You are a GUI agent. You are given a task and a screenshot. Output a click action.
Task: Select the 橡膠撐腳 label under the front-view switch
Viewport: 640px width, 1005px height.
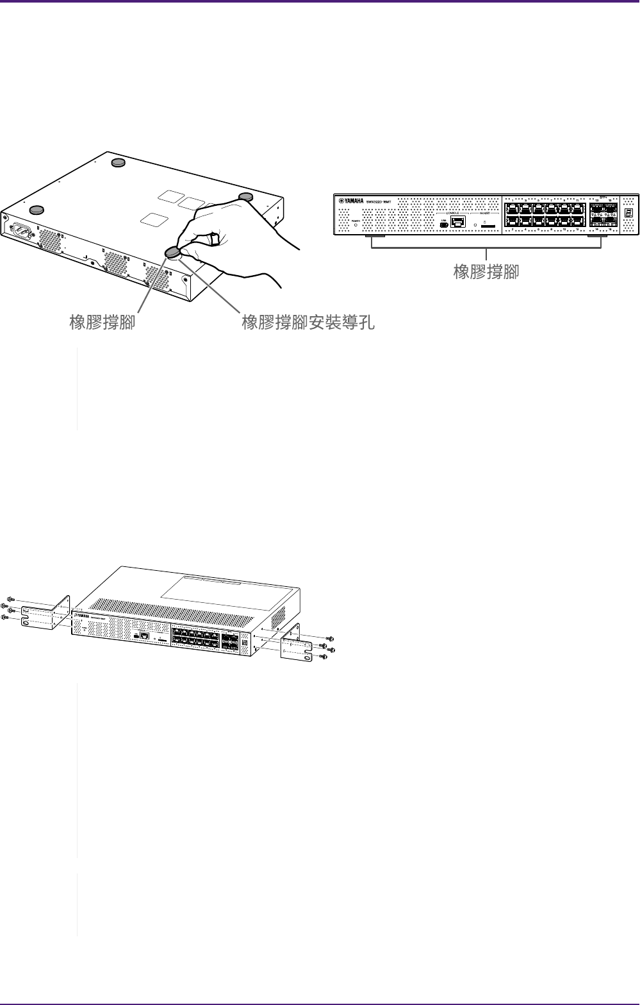(x=486, y=272)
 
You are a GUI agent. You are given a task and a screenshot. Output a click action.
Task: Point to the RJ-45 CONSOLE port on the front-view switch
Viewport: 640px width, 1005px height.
(x=458, y=223)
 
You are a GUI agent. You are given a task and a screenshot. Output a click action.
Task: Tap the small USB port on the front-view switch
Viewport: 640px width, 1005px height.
(x=443, y=224)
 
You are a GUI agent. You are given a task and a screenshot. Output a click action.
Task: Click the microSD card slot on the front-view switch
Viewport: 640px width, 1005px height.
(x=487, y=226)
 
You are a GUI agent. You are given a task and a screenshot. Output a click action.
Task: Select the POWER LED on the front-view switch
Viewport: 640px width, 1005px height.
(x=356, y=225)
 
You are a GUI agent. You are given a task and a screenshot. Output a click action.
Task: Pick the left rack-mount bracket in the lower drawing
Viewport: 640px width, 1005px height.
(x=45, y=614)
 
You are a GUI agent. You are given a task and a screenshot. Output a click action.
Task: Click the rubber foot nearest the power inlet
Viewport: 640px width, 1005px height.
(x=37, y=209)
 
